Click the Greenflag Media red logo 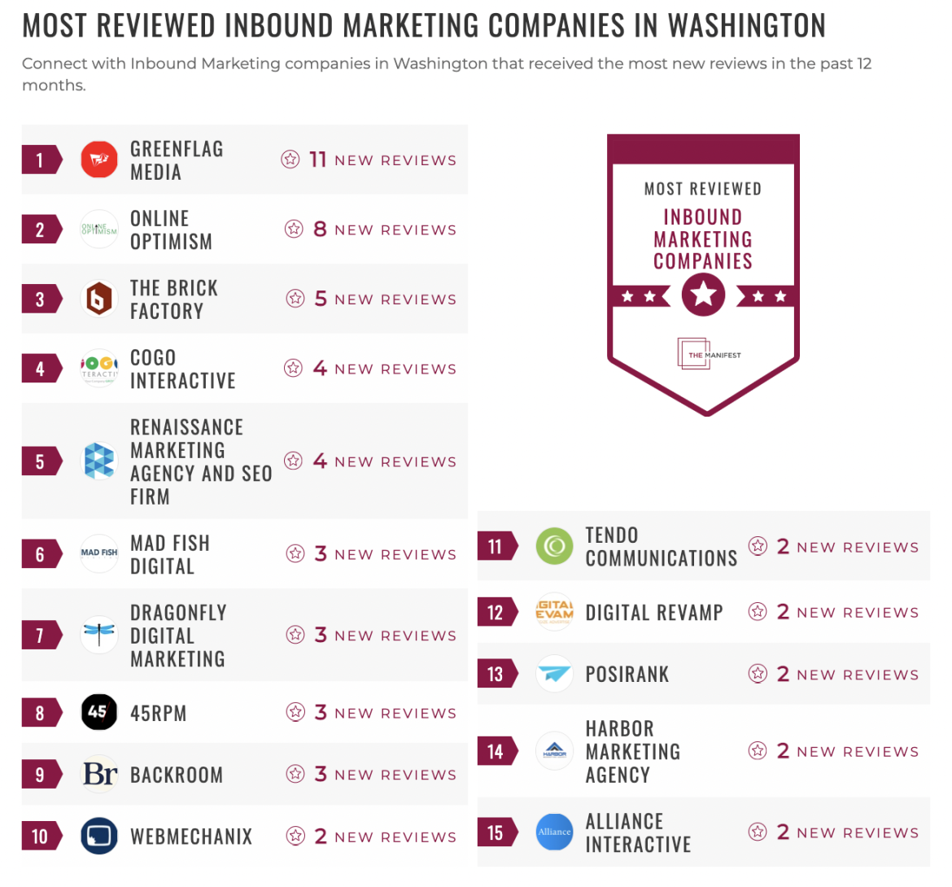point(99,159)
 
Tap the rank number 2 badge point(40,229)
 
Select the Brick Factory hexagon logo point(99,299)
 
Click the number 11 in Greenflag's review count point(317,159)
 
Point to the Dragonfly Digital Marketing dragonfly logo point(99,635)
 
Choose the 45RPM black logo point(99,713)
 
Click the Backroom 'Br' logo point(100,774)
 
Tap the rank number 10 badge point(40,836)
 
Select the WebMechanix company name point(191,836)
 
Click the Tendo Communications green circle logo point(555,546)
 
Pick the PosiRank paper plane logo point(555,674)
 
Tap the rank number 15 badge point(496,832)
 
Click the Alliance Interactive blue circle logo point(555,832)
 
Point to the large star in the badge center point(703,294)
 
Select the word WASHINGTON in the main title point(746,26)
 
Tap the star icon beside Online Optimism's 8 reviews point(294,229)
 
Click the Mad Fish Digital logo point(99,553)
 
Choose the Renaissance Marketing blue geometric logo point(99,461)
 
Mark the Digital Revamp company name point(654,612)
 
